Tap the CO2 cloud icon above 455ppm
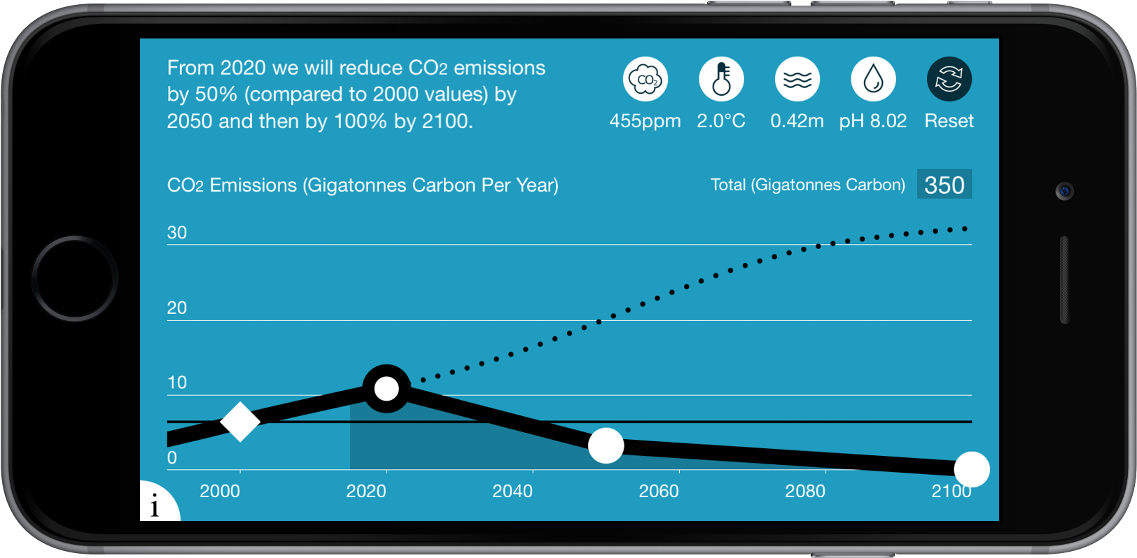pyautogui.click(x=645, y=79)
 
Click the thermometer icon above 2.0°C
pyautogui.click(x=721, y=79)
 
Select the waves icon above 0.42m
pyautogui.click(x=797, y=79)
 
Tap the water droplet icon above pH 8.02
pyautogui.click(x=872, y=79)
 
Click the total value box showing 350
pyautogui.click(x=944, y=185)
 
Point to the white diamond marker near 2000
pyautogui.click(x=240, y=422)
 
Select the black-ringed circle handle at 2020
pyautogui.click(x=386, y=388)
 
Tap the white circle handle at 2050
pyautogui.click(x=606, y=445)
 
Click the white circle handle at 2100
pyautogui.click(x=971, y=469)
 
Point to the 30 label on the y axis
pyautogui.click(x=177, y=232)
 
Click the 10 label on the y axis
pyautogui.click(x=177, y=382)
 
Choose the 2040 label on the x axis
pyautogui.click(x=512, y=491)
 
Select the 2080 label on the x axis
pyautogui.click(x=805, y=491)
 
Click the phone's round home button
pyautogui.click(x=75, y=278)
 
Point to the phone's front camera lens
pyautogui.click(x=1064, y=191)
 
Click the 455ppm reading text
pyautogui.click(x=645, y=121)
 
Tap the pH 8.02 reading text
pyautogui.click(x=872, y=121)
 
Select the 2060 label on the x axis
pyautogui.click(x=659, y=491)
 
